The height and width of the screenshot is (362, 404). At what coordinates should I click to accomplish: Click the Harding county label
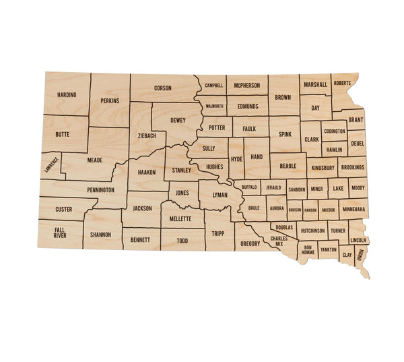pos(67,95)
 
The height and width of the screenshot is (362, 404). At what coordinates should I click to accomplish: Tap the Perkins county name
pos(109,100)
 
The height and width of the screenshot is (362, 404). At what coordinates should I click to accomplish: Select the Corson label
pos(163,88)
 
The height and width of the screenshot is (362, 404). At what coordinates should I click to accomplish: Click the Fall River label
pos(60,233)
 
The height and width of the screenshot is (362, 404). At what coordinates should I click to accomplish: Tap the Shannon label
pos(100,235)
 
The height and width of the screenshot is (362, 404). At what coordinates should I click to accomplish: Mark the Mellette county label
pos(181,219)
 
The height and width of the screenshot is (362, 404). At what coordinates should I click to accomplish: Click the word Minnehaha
pos(353,210)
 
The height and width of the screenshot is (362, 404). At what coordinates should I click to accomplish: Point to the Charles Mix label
pos(279,241)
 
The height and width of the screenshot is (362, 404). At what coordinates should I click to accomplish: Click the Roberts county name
pos(342,84)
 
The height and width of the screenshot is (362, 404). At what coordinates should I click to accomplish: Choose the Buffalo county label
pos(249,186)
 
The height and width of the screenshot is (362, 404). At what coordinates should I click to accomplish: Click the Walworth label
pos(214,107)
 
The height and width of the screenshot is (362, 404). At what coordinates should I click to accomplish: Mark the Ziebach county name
pos(147,135)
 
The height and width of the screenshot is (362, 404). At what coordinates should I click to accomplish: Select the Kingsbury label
pos(323,167)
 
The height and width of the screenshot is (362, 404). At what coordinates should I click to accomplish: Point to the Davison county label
pos(294,210)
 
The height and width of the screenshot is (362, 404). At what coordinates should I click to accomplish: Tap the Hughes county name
pos(214,166)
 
